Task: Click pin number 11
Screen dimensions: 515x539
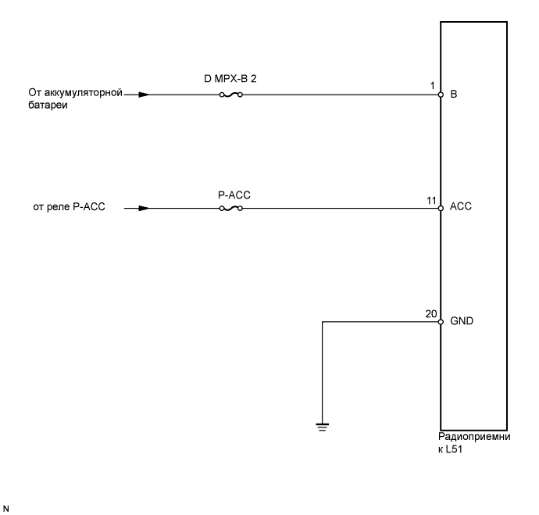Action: click(x=430, y=201)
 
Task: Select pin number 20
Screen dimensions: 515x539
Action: click(x=430, y=313)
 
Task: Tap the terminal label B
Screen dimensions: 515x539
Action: click(x=453, y=95)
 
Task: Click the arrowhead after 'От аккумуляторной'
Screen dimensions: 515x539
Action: click(x=141, y=95)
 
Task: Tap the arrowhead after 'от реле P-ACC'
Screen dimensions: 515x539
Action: click(x=141, y=209)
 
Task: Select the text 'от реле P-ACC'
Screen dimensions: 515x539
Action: click(x=70, y=209)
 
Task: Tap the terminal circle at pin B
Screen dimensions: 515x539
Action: click(x=441, y=95)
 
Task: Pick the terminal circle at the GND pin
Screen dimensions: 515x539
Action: click(x=441, y=321)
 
